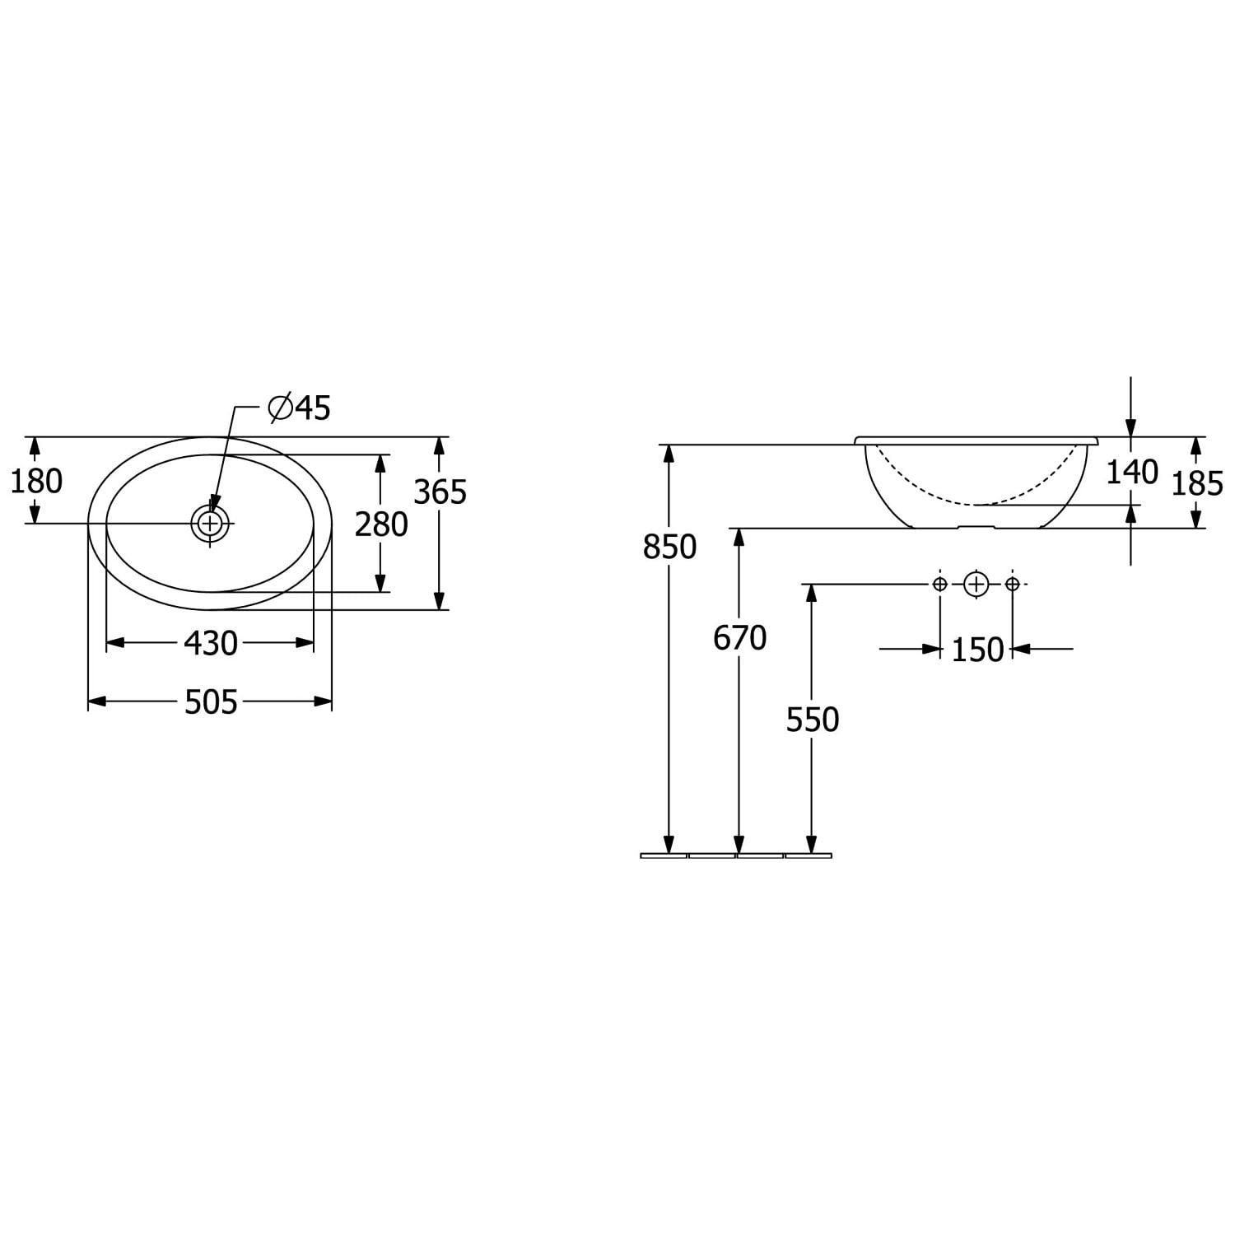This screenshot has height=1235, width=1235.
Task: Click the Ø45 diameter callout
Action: click(x=299, y=407)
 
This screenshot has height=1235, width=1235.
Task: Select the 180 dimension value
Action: click(x=36, y=481)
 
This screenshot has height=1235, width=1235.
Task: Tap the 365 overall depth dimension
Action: click(x=440, y=492)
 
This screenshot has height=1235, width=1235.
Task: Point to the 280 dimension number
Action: click(x=381, y=524)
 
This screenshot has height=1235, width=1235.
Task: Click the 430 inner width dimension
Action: click(x=211, y=643)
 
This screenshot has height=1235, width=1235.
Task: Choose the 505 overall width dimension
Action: click(x=211, y=702)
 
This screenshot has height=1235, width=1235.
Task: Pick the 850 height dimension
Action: click(x=670, y=547)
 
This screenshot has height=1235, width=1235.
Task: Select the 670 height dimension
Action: click(x=739, y=638)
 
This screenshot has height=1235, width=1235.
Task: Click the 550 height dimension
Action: click(x=813, y=720)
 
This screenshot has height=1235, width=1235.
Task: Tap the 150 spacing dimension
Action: click(x=978, y=650)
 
